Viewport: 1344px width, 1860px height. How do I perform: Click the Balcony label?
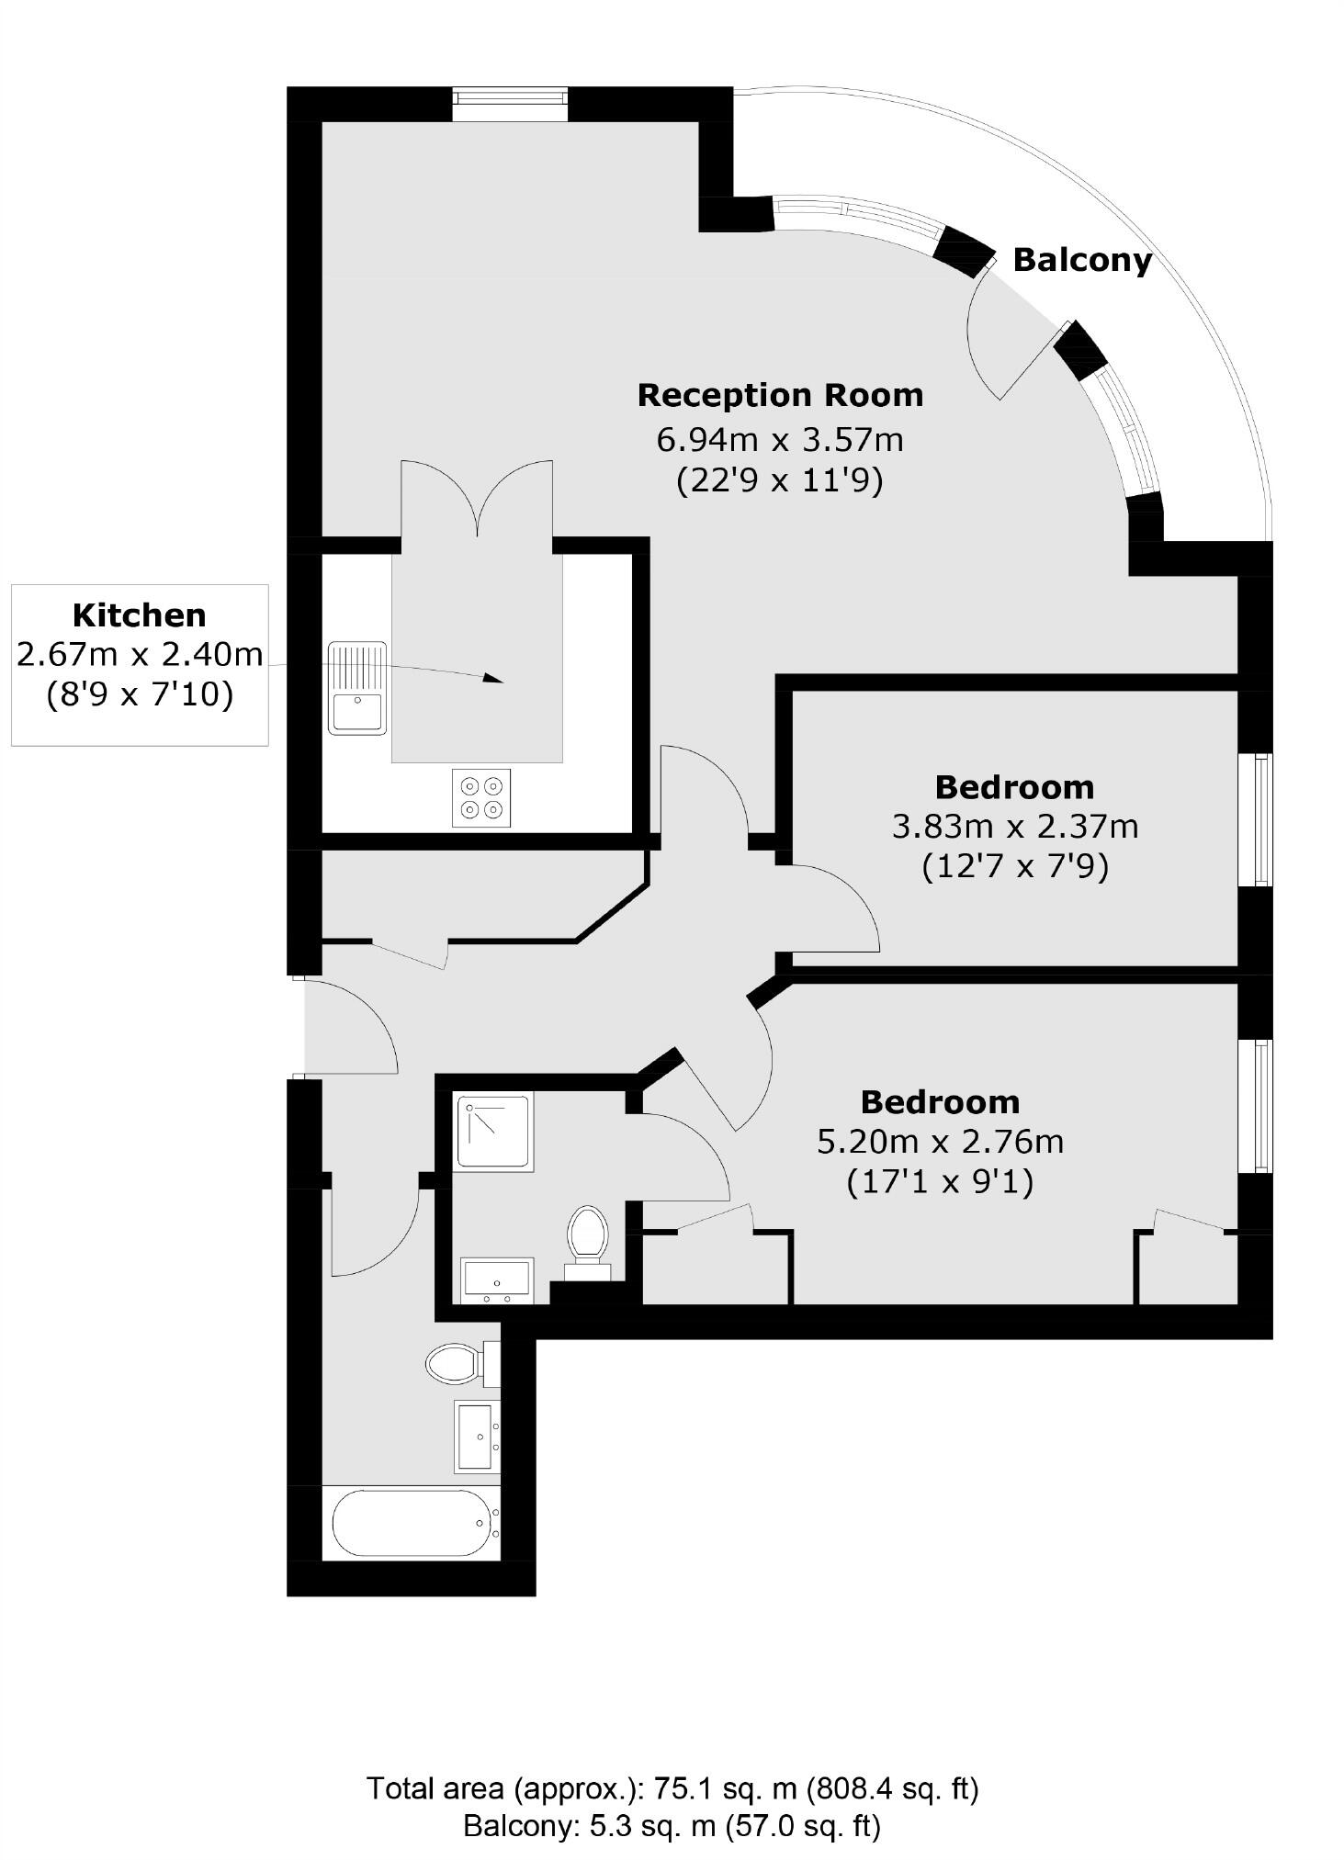click(1081, 260)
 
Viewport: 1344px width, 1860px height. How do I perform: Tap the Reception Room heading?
click(780, 395)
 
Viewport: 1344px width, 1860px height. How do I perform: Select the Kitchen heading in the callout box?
click(140, 614)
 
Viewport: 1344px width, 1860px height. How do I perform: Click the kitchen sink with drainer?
click(357, 688)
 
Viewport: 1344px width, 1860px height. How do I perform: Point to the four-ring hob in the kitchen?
click(482, 797)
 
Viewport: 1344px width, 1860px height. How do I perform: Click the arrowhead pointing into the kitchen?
click(493, 679)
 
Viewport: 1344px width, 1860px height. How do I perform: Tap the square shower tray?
click(494, 1132)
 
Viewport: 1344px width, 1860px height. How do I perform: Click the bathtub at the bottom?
click(411, 1522)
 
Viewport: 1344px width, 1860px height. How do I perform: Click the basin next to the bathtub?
click(477, 1437)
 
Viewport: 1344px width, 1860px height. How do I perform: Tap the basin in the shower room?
click(497, 1279)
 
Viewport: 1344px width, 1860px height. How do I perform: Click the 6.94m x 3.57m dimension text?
click(779, 440)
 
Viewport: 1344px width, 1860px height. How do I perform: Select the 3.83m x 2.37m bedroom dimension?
click(1014, 827)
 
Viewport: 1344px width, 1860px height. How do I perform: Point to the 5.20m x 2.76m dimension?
click(940, 1142)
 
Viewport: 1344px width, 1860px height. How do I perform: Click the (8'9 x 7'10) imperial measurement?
click(140, 695)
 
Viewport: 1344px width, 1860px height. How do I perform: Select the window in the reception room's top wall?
click(510, 104)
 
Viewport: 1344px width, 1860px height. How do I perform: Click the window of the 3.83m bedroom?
click(1255, 820)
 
